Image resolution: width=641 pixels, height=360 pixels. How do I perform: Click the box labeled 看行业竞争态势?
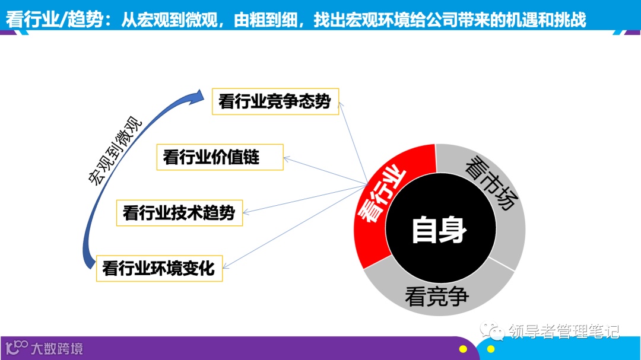[x=275, y=101]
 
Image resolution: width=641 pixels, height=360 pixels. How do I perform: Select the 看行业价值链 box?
[x=220, y=157]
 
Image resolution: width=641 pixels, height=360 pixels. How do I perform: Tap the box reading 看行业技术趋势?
[x=179, y=212]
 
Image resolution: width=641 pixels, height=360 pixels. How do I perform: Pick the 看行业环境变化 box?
[x=159, y=268]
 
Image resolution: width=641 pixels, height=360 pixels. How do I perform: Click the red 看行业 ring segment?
[x=380, y=202]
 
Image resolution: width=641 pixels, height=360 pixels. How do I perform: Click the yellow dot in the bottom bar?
[x=463, y=349]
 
